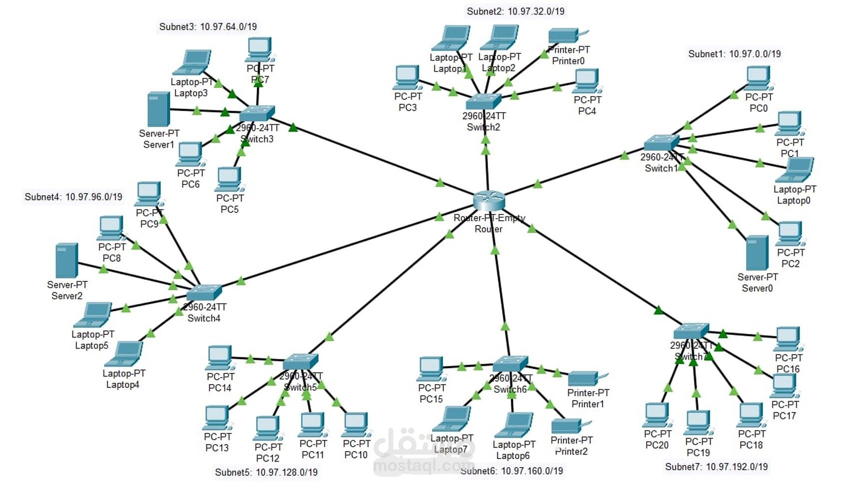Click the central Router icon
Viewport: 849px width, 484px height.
[489, 200]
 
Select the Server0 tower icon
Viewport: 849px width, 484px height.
[757, 253]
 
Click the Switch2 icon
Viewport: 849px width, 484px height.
[483, 101]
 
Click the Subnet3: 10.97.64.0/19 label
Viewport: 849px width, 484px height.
[208, 26]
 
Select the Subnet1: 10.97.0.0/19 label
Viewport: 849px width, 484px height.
[734, 54]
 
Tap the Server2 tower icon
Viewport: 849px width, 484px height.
[67, 260]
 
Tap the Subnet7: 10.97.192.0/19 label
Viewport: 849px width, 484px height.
[716, 467]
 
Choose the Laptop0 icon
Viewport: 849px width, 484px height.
[795, 171]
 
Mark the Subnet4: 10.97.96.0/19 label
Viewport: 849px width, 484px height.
[73, 197]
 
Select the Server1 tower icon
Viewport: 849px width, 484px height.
[159, 109]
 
